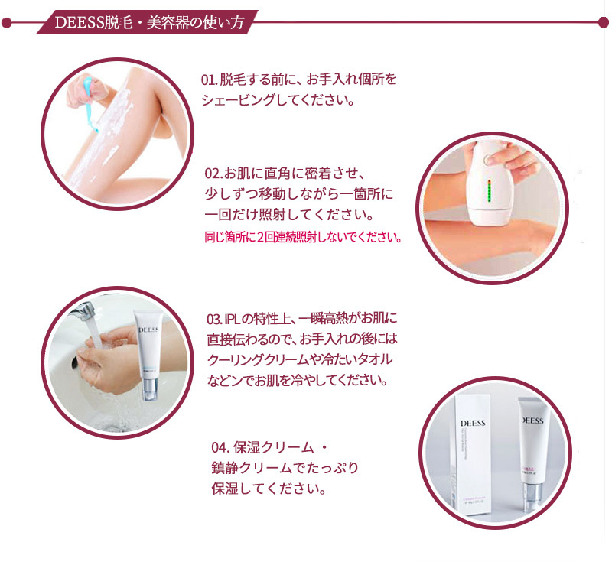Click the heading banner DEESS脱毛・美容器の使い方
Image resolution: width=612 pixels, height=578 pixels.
click(x=148, y=22)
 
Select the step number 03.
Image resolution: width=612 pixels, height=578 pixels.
click(x=214, y=320)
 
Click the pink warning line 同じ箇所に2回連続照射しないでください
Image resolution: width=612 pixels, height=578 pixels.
click(x=303, y=237)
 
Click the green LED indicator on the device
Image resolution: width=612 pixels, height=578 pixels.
click(x=488, y=190)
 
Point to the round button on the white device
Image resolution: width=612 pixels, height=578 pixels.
click(x=488, y=159)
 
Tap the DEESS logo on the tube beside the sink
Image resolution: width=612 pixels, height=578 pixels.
click(x=148, y=330)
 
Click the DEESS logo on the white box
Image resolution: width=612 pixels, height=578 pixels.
click(x=473, y=423)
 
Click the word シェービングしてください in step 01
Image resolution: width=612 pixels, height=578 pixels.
click(x=278, y=100)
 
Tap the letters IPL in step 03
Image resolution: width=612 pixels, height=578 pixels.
click(x=233, y=320)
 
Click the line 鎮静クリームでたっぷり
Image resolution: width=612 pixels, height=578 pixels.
click(x=285, y=468)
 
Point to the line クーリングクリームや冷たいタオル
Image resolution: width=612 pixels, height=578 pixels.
click(x=300, y=359)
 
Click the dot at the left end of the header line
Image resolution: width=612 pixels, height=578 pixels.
click(x=7, y=23)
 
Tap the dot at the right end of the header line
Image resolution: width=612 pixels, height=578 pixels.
click(x=604, y=22)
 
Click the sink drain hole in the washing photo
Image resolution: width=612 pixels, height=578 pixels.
click(x=74, y=363)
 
